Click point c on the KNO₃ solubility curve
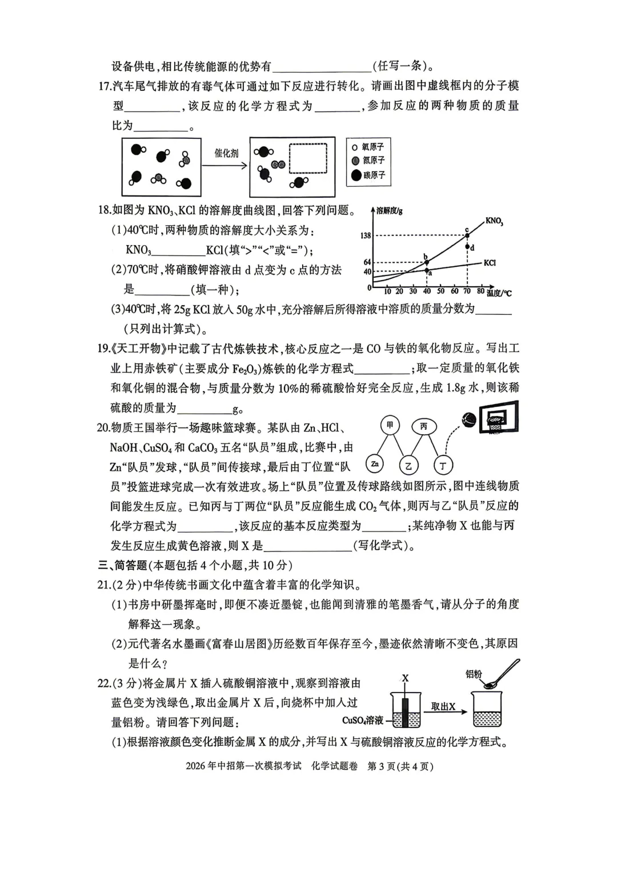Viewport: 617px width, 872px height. click(x=467, y=235)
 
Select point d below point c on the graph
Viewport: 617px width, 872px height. click(x=467, y=247)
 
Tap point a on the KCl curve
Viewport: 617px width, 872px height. click(x=426, y=270)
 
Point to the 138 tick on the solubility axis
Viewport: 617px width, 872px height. click(x=365, y=235)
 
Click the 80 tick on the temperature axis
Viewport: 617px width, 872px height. click(x=480, y=291)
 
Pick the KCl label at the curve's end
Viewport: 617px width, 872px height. click(x=489, y=263)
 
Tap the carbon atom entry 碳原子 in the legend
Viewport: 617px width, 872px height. click(x=368, y=175)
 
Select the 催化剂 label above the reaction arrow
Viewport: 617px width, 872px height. click(x=226, y=153)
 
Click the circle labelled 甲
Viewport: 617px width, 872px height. click(x=390, y=425)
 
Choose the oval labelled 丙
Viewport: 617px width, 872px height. click(x=423, y=426)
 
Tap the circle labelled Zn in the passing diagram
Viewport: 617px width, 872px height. click(x=375, y=464)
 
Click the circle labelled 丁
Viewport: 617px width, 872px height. click(x=443, y=466)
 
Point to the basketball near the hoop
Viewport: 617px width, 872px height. click(x=469, y=419)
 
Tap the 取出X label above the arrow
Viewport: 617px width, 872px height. click(x=443, y=706)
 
